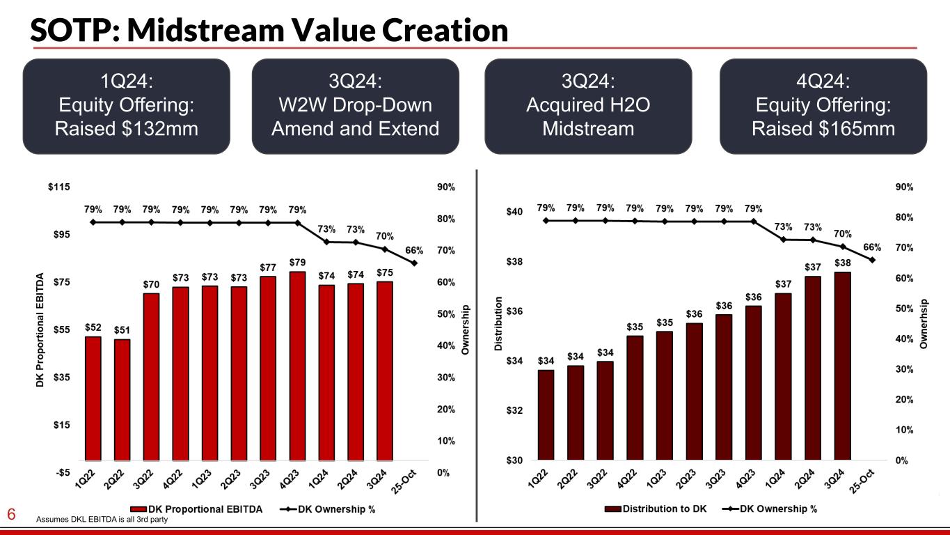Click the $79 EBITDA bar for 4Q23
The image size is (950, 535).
click(x=297, y=366)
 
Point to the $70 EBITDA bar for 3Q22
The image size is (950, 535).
click(x=152, y=376)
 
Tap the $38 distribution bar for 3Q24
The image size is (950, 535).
click(x=842, y=366)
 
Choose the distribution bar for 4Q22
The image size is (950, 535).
click(x=635, y=398)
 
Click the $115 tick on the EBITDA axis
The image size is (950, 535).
click(x=59, y=187)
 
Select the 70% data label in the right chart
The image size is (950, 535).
click(x=842, y=233)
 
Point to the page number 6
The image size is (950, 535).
click(x=11, y=515)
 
